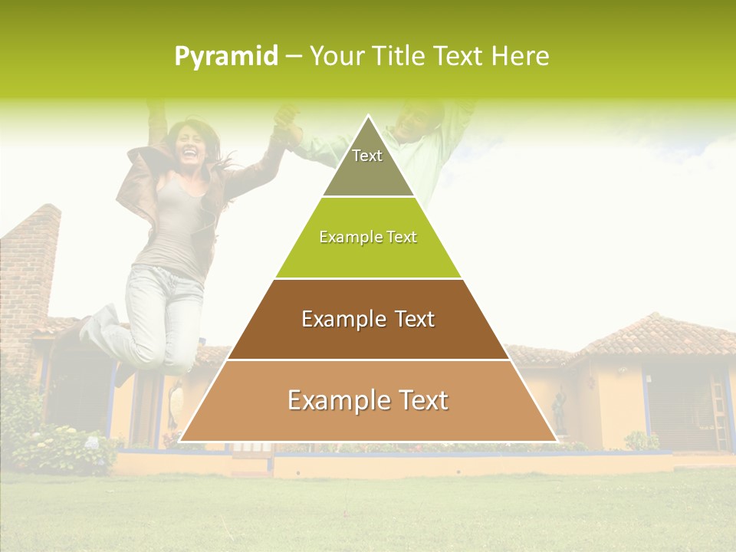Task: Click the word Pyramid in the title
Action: click(x=226, y=57)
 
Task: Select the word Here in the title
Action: click(x=520, y=57)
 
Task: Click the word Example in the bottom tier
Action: click(x=327, y=400)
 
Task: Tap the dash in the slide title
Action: click(x=294, y=57)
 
